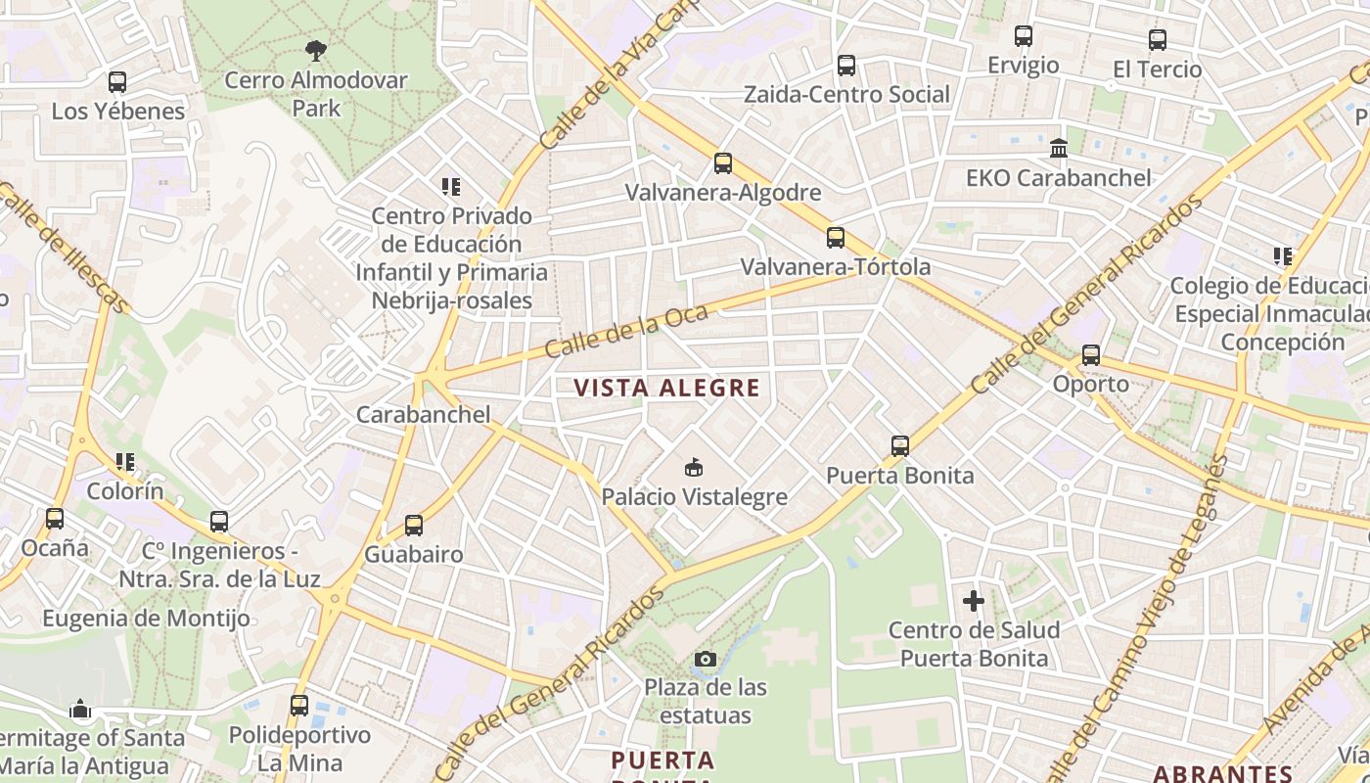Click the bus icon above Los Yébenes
[117, 82]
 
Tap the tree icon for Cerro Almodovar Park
[316, 50]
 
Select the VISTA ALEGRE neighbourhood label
[666, 389]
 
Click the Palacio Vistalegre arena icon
[694, 467]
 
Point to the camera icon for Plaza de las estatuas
[705, 659]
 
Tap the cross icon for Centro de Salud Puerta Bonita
[974, 601]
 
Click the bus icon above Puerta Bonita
[900, 446]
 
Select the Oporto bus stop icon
[1091, 355]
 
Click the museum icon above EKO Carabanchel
[1059, 149]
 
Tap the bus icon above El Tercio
[1158, 40]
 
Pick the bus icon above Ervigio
[1024, 36]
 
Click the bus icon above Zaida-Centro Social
[846, 66]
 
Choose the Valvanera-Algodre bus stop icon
[723, 163]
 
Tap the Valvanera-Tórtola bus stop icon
[836, 238]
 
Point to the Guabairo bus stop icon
[414, 526]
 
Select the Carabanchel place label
[423, 414]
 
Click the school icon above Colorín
[124, 461]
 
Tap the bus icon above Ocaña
[55, 519]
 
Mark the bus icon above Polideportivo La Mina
[299, 705]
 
